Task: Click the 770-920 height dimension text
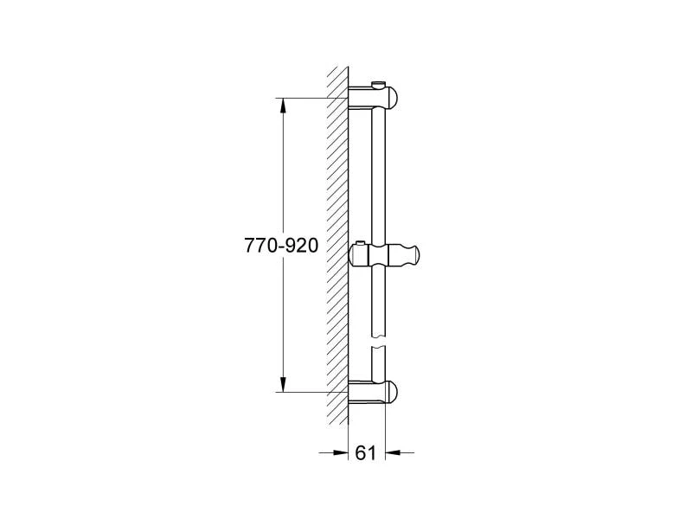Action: pyautogui.click(x=283, y=246)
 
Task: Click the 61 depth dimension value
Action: pyautogui.click(x=366, y=452)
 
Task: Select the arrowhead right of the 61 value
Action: pyautogui.click(x=392, y=452)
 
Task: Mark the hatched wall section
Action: pyautogui.click(x=336, y=242)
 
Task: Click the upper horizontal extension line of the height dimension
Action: pyautogui.click(x=311, y=98)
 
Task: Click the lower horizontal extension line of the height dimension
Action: pyautogui.click(x=311, y=392)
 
